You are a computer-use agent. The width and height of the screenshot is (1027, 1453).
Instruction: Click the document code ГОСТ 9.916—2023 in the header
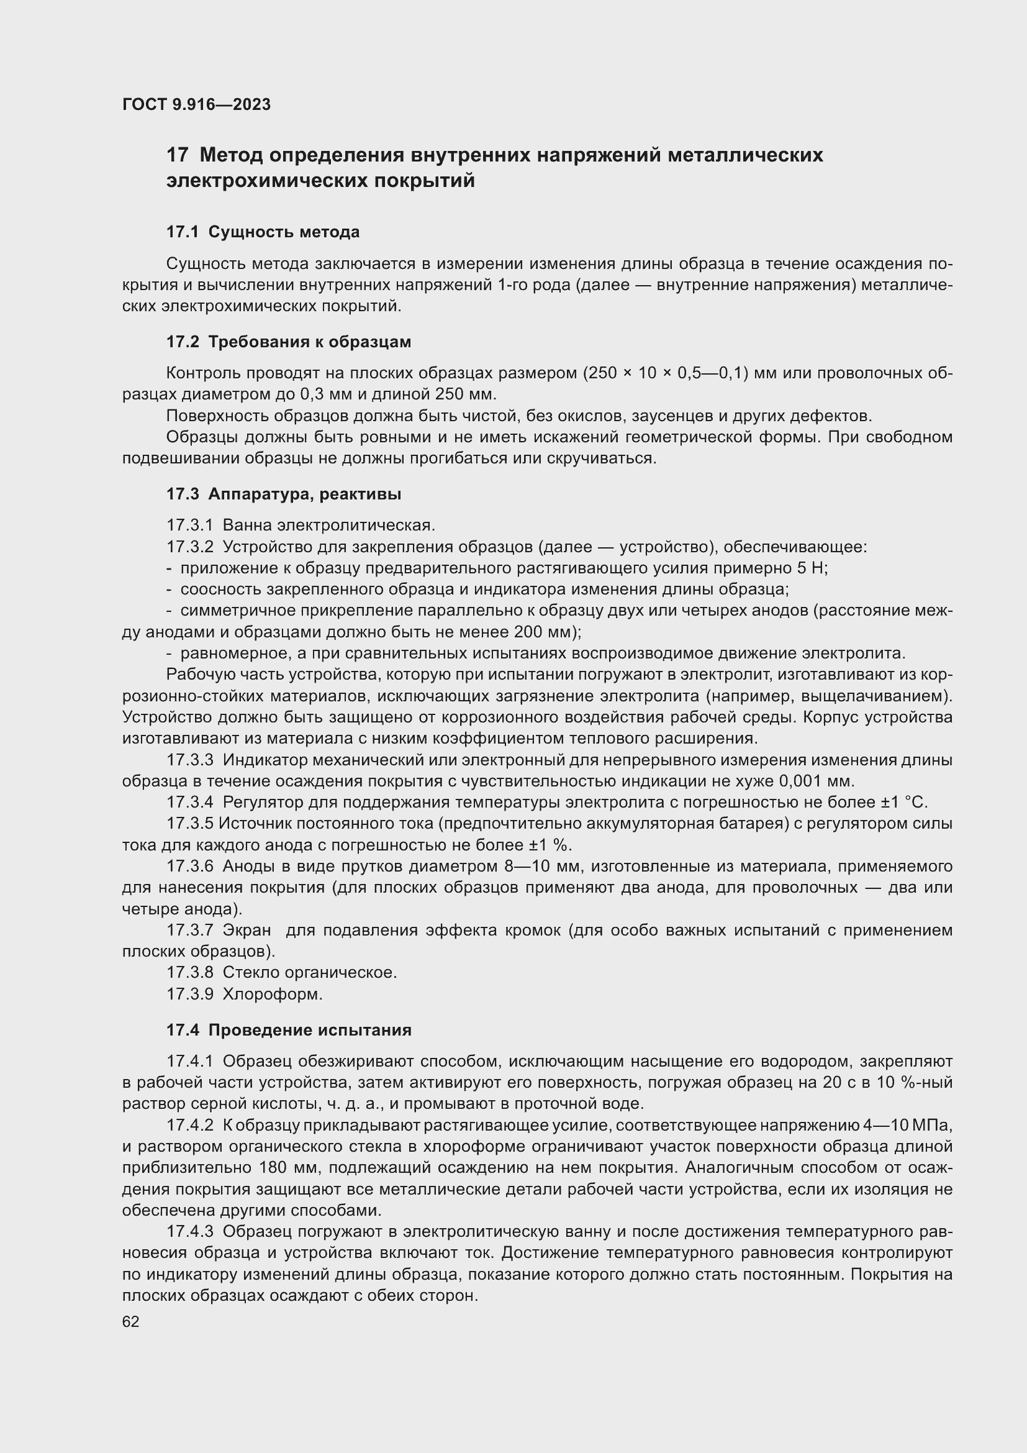196,105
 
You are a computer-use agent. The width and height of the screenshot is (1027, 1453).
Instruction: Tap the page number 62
131,1321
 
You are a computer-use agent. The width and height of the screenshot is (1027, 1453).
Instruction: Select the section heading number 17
177,155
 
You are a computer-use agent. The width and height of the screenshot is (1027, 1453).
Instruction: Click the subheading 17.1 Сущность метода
263,232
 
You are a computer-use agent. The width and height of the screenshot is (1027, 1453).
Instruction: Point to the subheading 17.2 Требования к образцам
288,342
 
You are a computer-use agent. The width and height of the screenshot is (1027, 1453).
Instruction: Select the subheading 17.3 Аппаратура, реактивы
283,494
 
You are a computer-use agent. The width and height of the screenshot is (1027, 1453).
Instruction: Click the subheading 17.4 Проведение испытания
288,1030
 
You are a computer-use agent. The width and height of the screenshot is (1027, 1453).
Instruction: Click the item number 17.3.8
190,973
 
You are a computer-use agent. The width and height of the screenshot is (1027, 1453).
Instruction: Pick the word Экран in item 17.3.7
247,931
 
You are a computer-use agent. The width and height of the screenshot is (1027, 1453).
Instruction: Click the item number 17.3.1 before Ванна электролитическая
190,526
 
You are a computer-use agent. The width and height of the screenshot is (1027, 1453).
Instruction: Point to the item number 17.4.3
190,1231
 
